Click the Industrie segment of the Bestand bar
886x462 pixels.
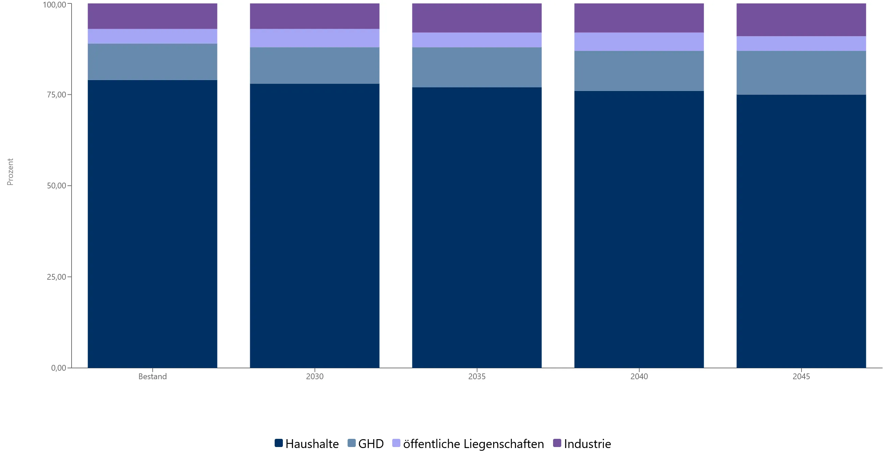(x=152, y=16)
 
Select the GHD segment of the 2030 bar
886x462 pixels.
(x=315, y=65)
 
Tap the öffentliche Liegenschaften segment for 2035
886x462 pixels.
(x=477, y=40)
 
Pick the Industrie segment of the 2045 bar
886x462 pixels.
(x=801, y=20)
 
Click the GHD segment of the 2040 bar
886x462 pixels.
(x=639, y=71)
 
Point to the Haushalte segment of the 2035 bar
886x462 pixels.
(x=477, y=227)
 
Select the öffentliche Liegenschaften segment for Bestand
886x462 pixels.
(x=152, y=36)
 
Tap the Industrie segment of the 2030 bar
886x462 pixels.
(x=315, y=16)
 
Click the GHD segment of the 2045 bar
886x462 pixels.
(x=801, y=73)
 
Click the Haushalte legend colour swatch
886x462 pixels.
(x=279, y=443)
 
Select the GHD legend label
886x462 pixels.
(x=371, y=444)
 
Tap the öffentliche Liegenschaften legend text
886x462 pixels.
(x=473, y=444)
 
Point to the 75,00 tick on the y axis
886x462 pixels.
(x=57, y=95)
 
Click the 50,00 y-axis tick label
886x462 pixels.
(x=57, y=186)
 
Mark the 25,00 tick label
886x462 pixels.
(x=57, y=277)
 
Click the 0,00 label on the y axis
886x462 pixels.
(x=59, y=368)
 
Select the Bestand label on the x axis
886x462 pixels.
(x=152, y=376)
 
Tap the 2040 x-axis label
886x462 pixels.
(x=639, y=376)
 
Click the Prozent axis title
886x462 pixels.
(x=10, y=172)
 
